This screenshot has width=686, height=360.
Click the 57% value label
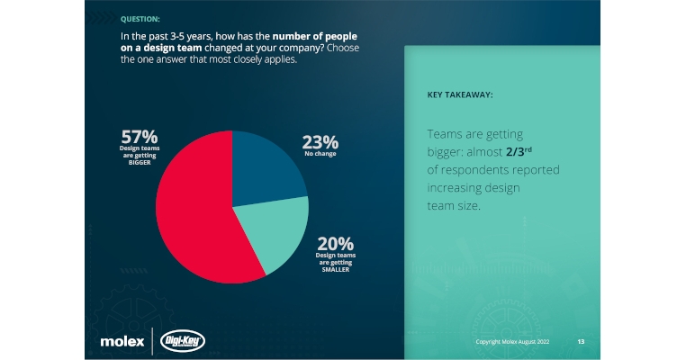140,137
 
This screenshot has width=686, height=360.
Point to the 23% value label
320,141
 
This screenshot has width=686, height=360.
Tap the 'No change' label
320,155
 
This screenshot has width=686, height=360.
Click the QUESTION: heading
140,18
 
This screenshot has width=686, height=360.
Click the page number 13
581,343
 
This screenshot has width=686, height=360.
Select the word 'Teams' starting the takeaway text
447,134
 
